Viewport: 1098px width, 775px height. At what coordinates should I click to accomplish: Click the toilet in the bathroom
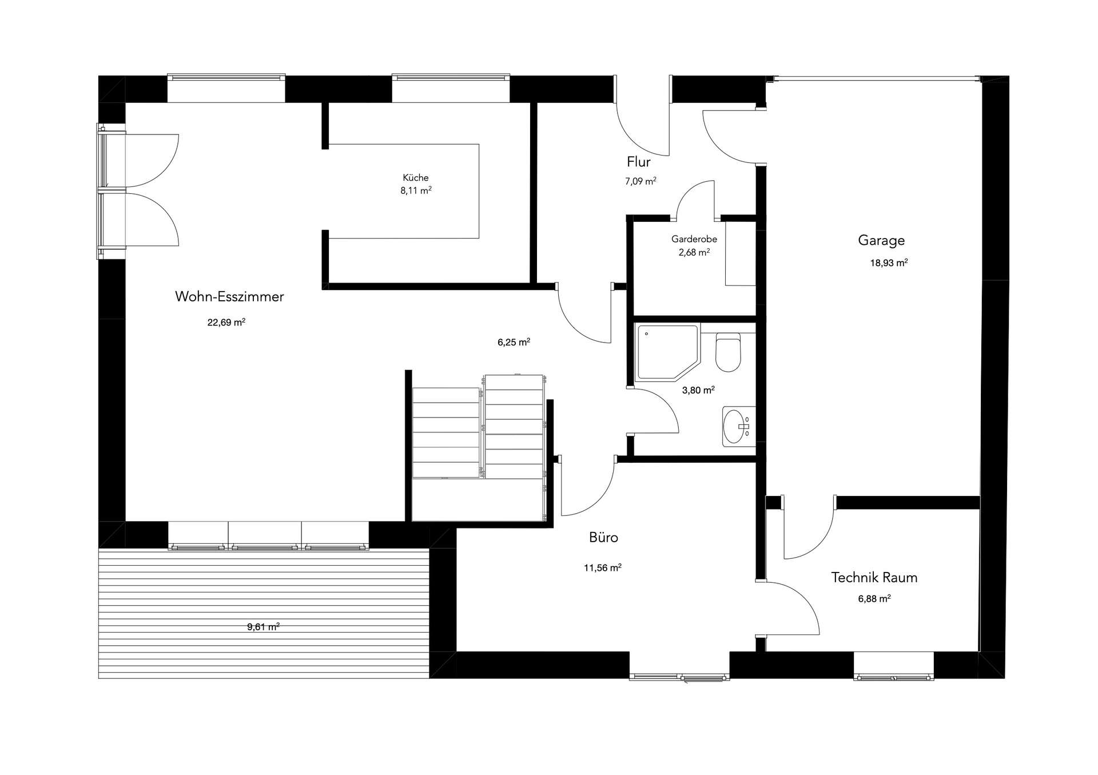[x=728, y=352]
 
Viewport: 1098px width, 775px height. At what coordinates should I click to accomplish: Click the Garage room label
[x=881, y=240]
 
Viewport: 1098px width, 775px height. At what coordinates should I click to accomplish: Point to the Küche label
[x=416, y=177]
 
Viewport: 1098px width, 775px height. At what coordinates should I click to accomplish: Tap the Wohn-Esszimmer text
[x=229, y=296]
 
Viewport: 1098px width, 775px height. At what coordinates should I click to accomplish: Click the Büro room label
[x=603, y=537]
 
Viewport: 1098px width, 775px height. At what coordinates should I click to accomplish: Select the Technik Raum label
[x=874, y=577]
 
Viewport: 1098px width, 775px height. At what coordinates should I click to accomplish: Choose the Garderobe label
[x=694, y=239]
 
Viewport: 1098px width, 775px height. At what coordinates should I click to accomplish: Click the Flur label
[x=639, y=161]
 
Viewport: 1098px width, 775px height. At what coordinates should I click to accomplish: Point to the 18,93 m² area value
[x=889, y=263]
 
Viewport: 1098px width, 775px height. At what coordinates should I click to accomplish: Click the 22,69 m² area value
[x=226, y=322]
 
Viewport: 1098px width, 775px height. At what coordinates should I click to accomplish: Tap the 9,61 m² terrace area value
[x=263, y=626]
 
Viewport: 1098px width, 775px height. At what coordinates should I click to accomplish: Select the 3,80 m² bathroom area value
[x=698, y=390]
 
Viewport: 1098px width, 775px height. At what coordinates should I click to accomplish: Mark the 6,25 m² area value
[x=514, y=342]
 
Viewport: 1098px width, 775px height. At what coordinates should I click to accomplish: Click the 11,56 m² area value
[x=603, y=568]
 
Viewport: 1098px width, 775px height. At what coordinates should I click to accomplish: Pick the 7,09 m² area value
[x=640, y=181]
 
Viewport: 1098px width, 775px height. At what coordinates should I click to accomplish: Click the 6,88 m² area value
[x=874, y=599]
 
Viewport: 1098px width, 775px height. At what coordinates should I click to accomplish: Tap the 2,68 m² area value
[x=694, y=252]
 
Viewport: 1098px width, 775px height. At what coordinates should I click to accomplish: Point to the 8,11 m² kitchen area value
[x=416, y=190]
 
